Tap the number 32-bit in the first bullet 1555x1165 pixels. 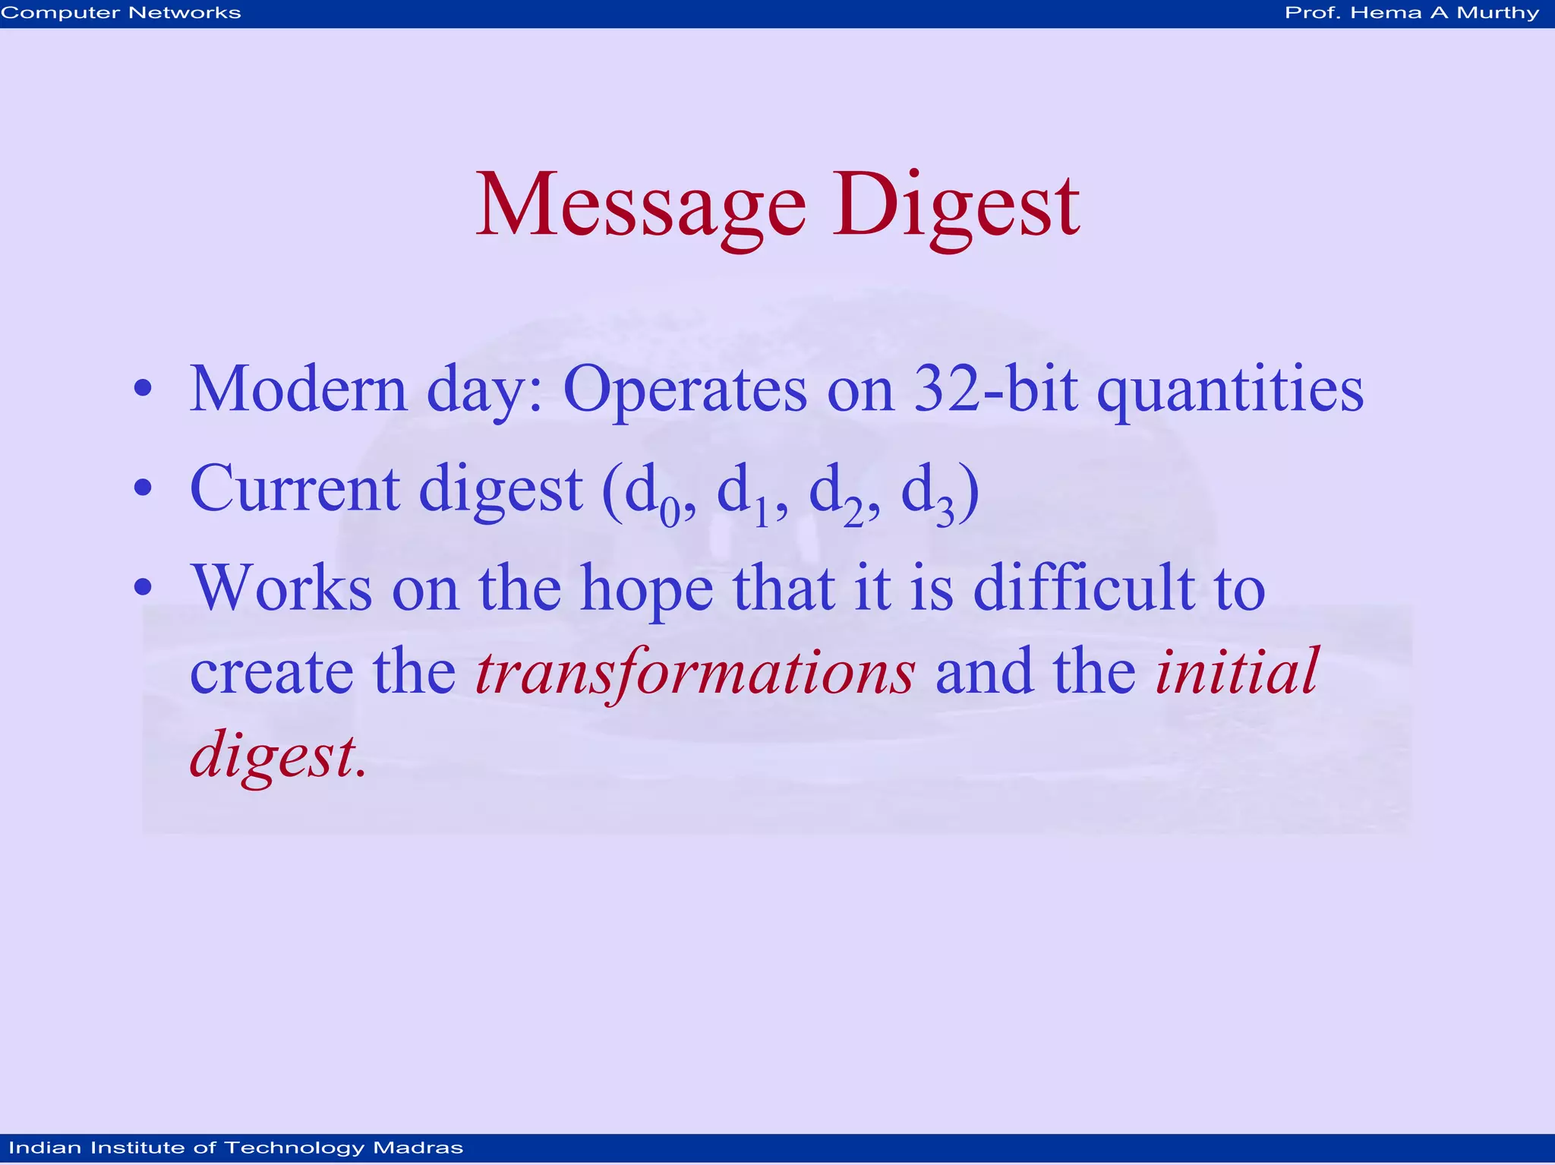click(x=995, y=390)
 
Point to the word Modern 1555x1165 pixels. click(x=298, y=390)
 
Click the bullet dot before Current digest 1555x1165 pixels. click(x=143, y=488)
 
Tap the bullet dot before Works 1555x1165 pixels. click(x=143, y=587)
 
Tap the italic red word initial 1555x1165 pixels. click(x=1237, y=671)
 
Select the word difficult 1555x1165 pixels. click(x=1083, y=589)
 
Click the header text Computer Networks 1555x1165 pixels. click(x=121, y=13)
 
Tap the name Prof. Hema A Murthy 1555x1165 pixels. click(x=1411, y=13)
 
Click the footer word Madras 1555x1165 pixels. click(x=418, y=1148)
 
